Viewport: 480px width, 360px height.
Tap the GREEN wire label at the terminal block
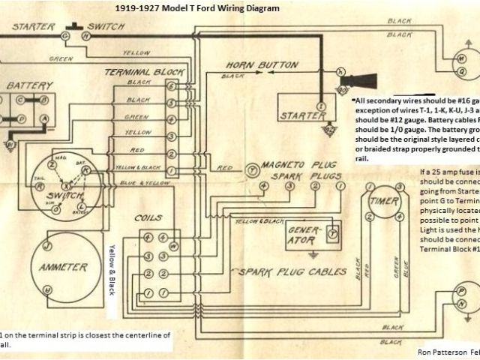click(136, 116)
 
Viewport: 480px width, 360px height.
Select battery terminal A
click(44, 118)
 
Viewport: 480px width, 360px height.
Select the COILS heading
click(148, 217)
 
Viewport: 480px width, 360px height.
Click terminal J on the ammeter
click(46, 245)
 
